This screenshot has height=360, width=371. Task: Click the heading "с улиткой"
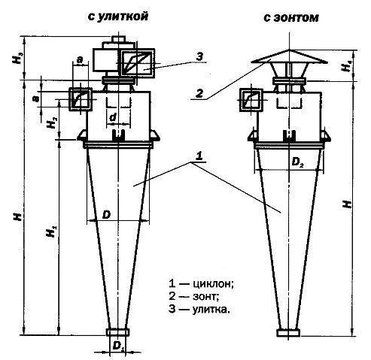[118, 17]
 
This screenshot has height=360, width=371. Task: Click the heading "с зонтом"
[291, 18]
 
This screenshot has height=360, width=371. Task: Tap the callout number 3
[199, 57]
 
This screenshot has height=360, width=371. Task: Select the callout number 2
[199, 94]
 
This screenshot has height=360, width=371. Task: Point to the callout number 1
[199, 156]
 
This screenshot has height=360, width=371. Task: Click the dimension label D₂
[298, 162]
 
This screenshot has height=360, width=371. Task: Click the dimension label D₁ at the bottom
[118, 346]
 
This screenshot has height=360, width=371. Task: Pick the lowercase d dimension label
[114, 117]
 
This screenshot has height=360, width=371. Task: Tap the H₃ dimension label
[18, 58]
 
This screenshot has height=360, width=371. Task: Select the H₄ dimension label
[347, 65]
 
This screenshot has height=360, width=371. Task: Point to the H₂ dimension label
[52, 123]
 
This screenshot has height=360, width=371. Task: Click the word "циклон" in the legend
[213, 284]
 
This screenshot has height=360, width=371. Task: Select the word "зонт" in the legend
[205, 297]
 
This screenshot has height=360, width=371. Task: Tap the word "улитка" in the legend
[211, 309]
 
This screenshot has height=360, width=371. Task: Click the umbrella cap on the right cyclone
[289, 57]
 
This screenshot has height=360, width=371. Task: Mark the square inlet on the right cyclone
[251, 100]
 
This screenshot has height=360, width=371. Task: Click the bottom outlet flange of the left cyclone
[117, 332]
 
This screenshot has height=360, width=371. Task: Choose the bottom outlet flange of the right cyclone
[288, 333]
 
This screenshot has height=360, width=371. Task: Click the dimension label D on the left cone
[106, 215]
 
